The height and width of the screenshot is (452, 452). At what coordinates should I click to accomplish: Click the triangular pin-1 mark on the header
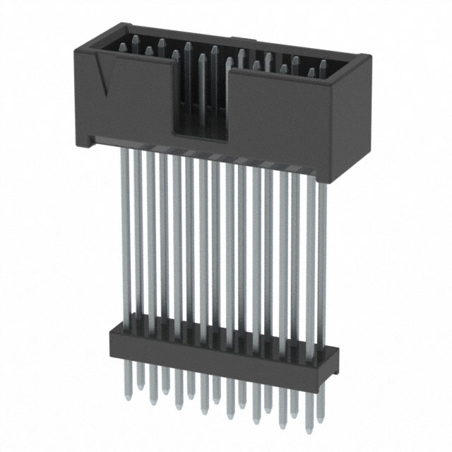pyautogui.click(x=105, y=78)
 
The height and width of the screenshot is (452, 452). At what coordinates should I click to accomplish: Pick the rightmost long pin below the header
pyautogui.click(x=322, y=247)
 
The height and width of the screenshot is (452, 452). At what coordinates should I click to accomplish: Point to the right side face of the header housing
pyautogui.click(x=359, y=113)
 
